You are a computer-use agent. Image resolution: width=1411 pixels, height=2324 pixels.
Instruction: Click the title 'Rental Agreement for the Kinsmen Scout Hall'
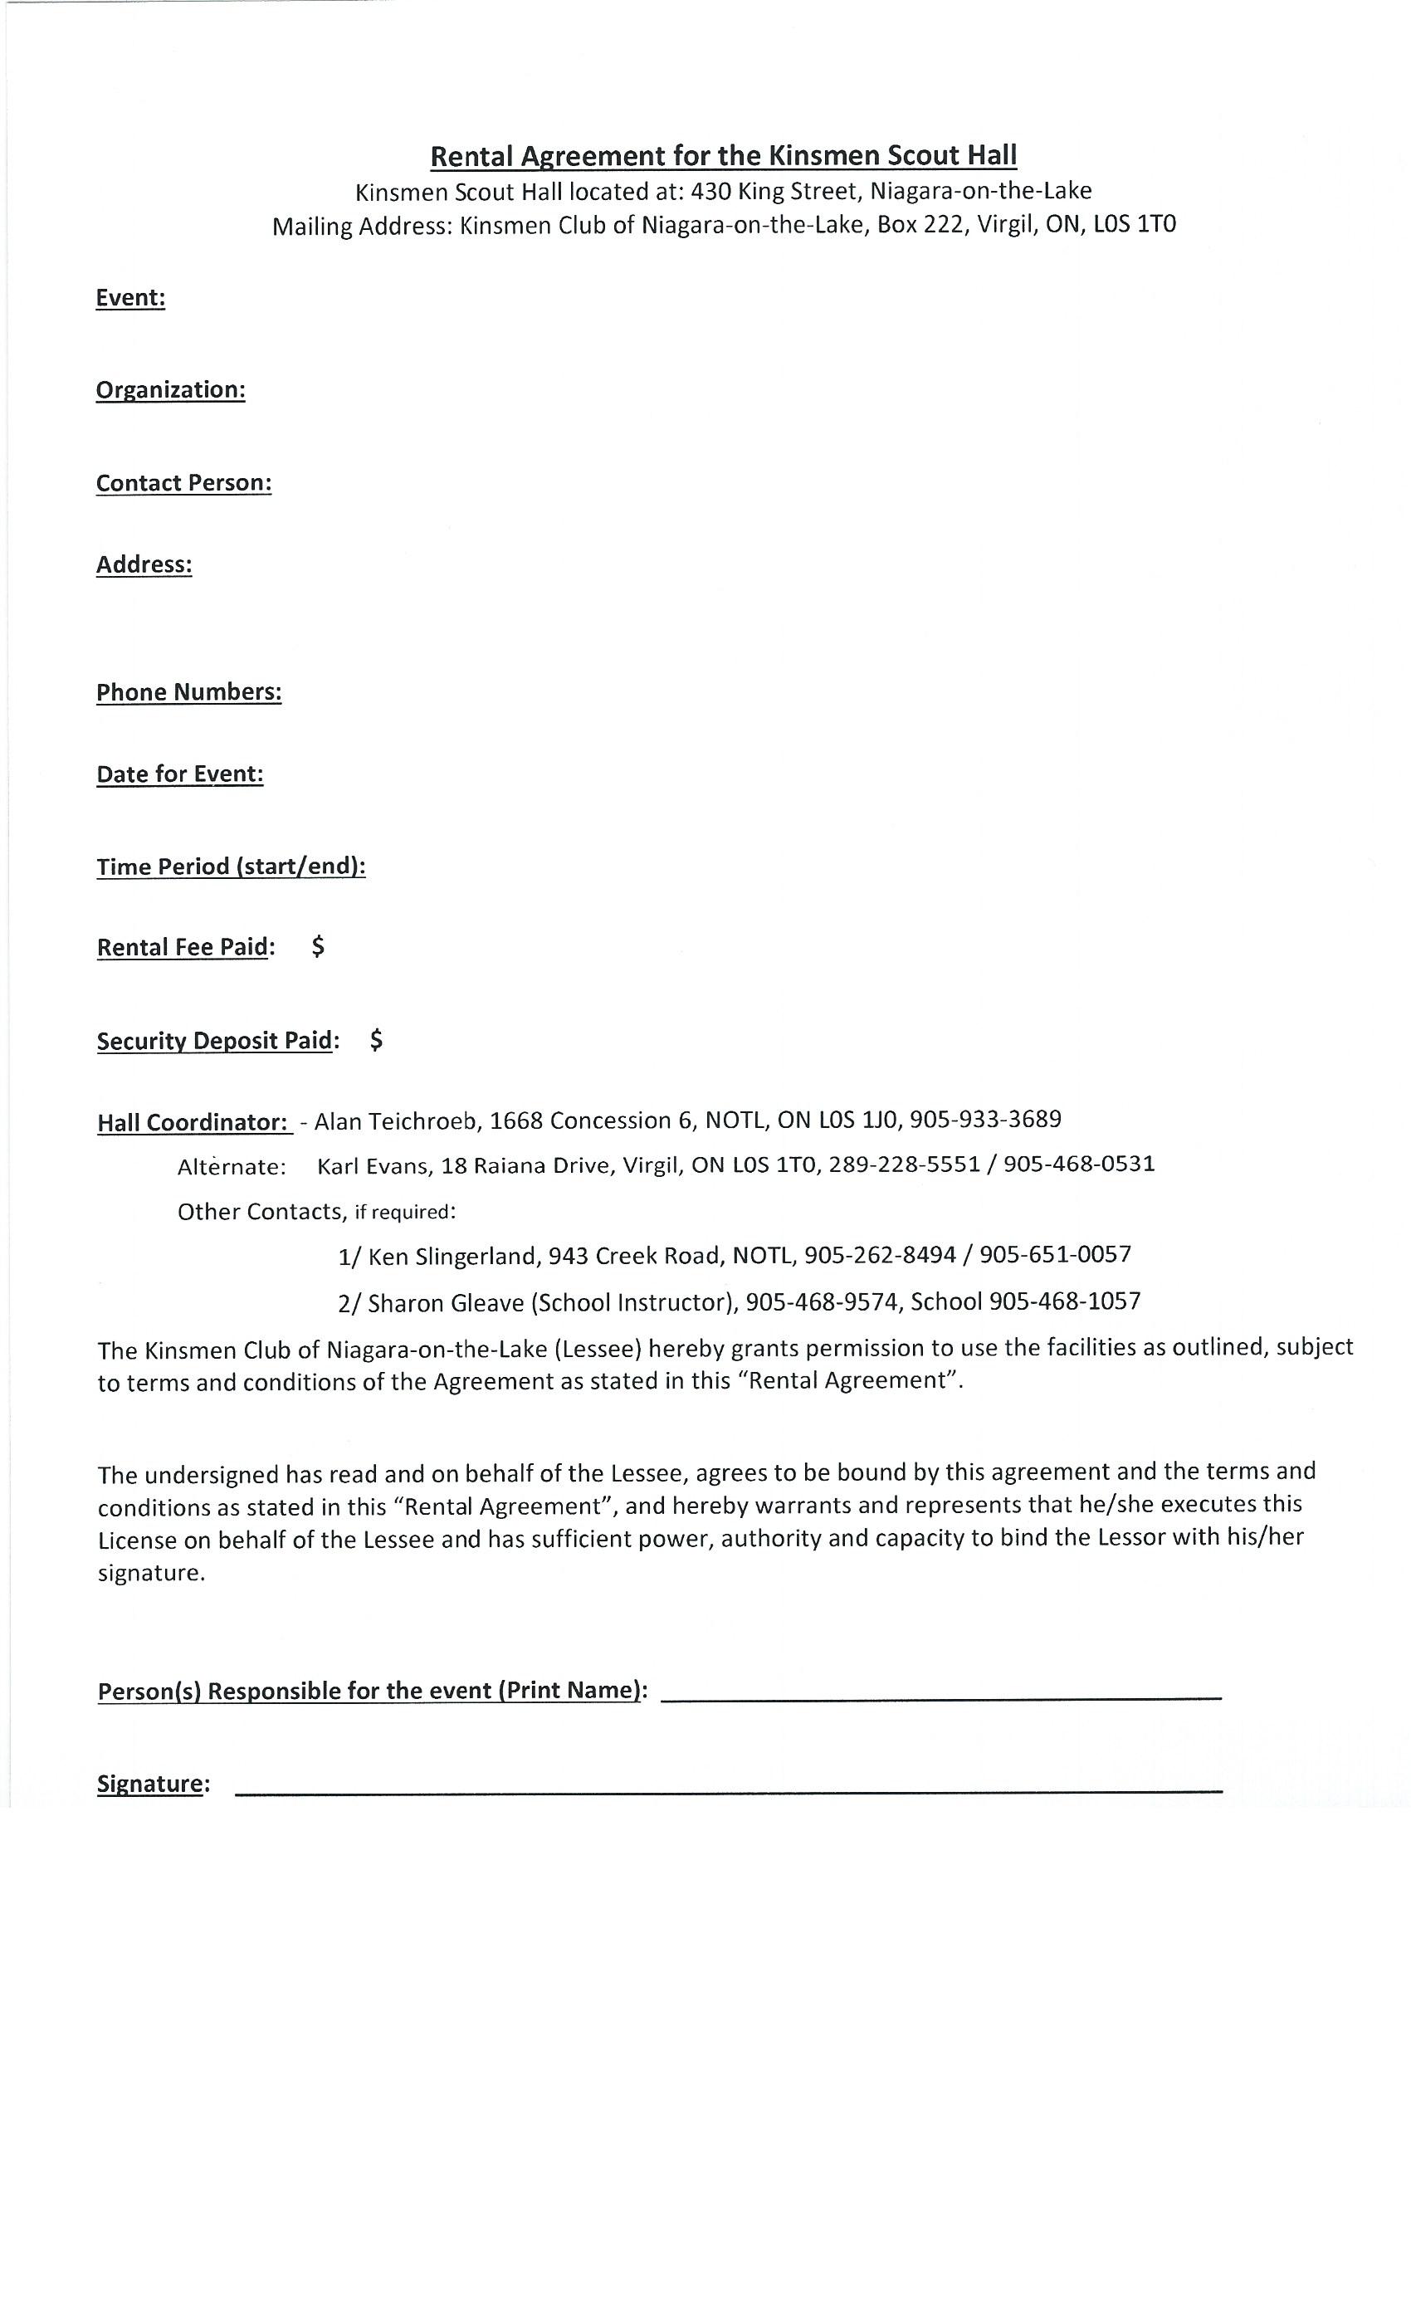point(724,156)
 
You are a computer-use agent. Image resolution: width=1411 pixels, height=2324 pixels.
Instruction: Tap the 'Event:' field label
point(130,298)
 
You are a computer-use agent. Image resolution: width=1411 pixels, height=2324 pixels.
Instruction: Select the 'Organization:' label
point(171,390)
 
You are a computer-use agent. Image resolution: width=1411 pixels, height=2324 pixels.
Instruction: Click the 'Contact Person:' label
point(184,483)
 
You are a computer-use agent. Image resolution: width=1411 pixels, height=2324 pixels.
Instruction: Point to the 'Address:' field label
point(144,564)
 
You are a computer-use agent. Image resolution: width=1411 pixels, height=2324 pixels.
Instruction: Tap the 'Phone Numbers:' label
point(188,692)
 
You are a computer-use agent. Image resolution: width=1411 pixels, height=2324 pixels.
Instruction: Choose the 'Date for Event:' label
point(180,774)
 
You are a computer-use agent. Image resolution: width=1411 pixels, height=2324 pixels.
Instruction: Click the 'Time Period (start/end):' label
point(231,867)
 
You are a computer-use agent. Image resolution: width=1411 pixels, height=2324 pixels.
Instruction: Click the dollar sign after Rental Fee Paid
point(318,946)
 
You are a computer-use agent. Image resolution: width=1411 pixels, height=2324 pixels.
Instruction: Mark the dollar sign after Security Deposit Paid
point(376,1039)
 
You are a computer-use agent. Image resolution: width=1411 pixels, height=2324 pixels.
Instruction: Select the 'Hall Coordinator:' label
point(193,1122)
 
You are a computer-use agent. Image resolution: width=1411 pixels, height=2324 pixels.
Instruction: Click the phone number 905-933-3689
point(986,1120)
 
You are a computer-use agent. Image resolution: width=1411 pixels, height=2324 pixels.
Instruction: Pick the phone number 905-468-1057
point(1065,1301)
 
